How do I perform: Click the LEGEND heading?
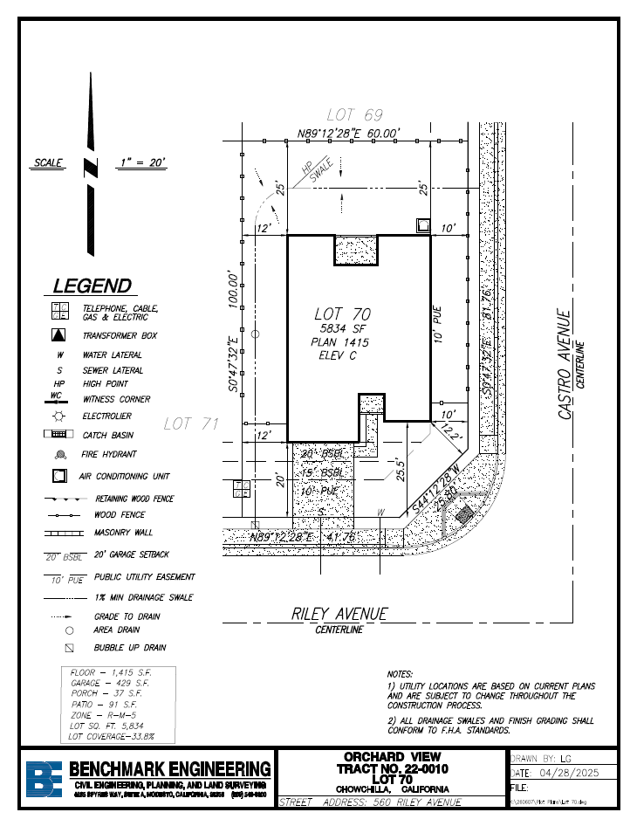92,286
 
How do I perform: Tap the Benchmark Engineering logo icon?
43,778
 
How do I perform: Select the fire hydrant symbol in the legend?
59,455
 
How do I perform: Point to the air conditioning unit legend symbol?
58,477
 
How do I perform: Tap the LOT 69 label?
354,115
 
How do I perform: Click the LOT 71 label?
189,423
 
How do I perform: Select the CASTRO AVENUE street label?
565,365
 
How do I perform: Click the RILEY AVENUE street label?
339,615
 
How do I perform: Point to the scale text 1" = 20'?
141,163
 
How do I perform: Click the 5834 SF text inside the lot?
341,328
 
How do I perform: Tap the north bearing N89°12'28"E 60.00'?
348,134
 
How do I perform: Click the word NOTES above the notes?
401,674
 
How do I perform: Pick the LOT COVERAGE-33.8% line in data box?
112,737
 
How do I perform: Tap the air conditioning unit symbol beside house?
422,225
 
